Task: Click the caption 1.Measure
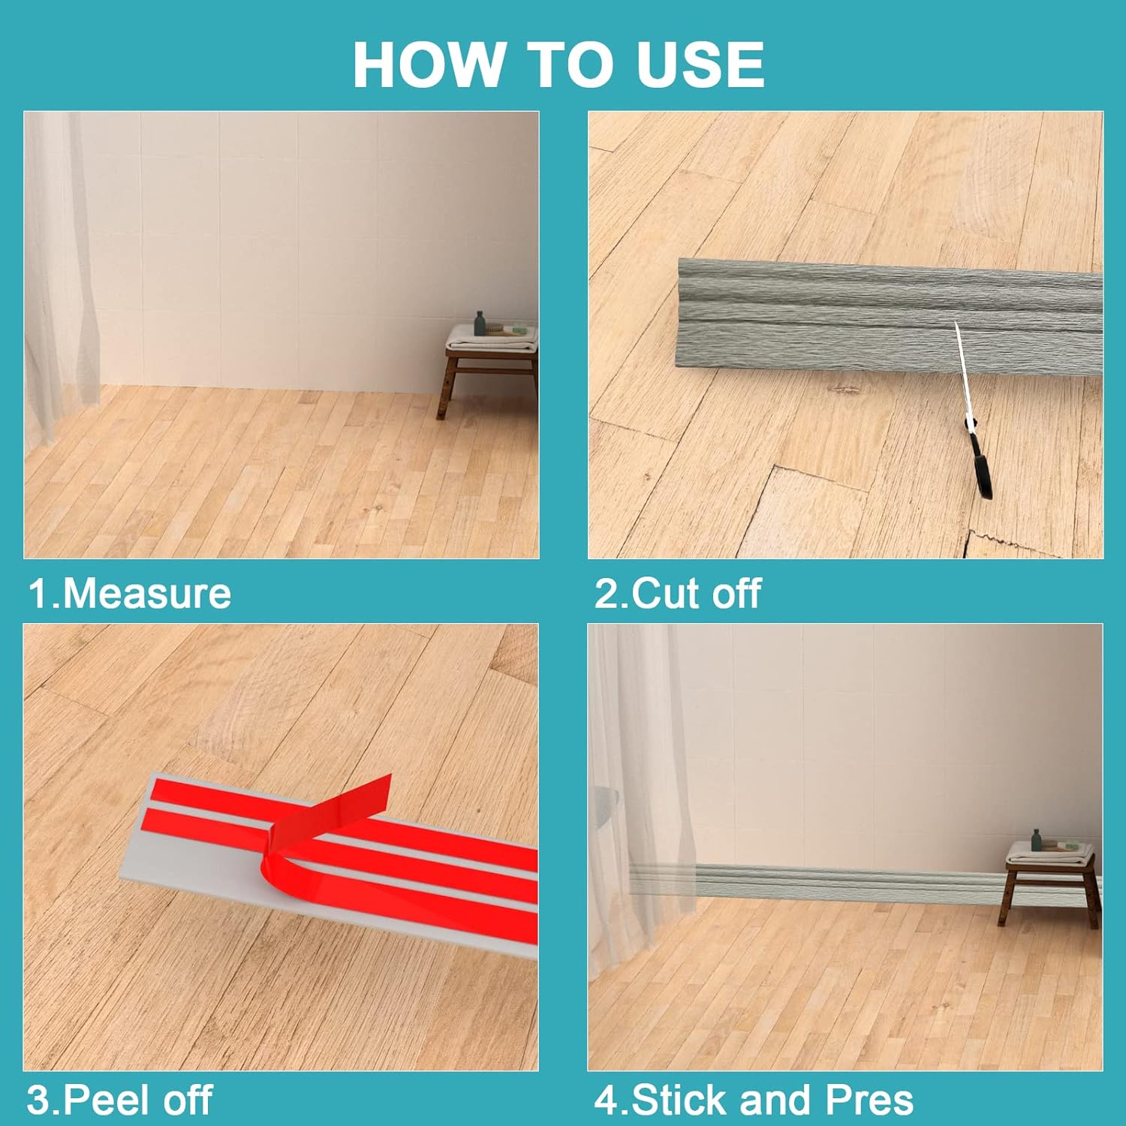click(x=130, y=593)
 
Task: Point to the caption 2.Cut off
click(x=678, y=593)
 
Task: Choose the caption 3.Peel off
click(x=120, y=1100)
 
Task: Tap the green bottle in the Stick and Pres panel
click(x=1037, y=839)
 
